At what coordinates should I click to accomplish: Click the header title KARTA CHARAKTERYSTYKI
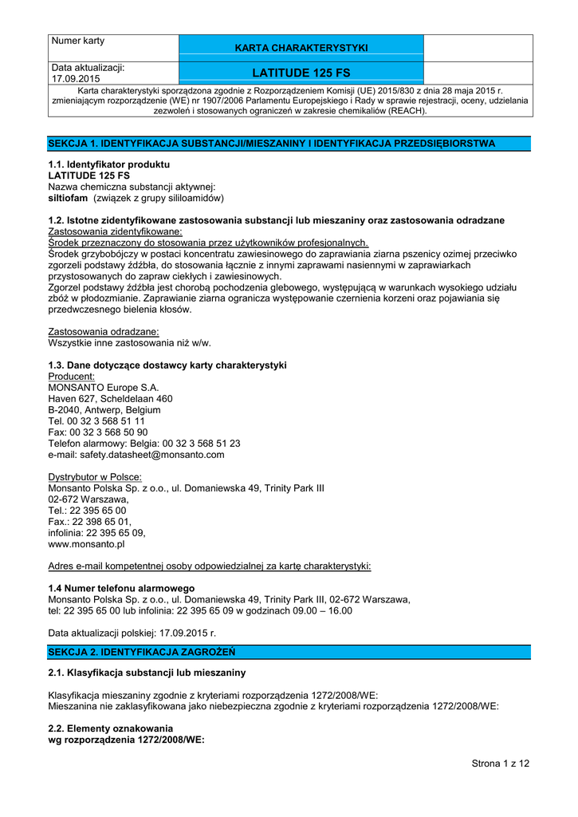click(x=301, y=48)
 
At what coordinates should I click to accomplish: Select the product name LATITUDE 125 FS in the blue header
click(x=301, y=73)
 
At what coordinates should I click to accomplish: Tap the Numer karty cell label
click(x=78, y=41)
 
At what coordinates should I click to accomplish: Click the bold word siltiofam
click(x=69, y=197)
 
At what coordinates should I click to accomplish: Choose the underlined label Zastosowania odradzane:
click(x=103, y=331)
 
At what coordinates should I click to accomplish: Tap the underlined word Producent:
click(x=72, y=376)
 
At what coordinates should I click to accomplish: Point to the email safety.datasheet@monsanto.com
click(x=136, y=455)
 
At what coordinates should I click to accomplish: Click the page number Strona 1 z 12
click(x=500, y=764)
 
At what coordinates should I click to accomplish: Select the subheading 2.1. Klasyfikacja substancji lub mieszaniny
click(x=147, y=673)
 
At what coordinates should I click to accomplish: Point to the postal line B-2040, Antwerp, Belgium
click(x=104, y=409)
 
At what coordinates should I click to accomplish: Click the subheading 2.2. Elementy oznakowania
click(x=111, y=728)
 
